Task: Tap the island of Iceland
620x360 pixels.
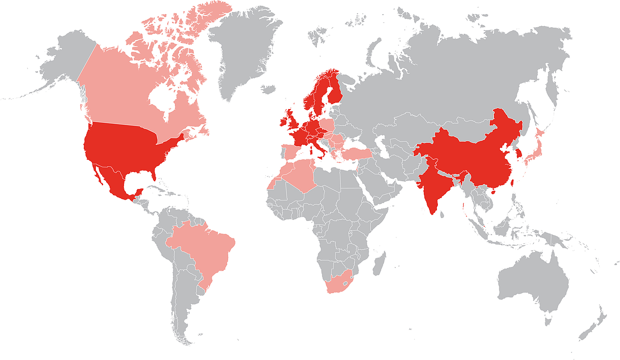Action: point(268,89)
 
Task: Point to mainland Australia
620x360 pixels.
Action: point(533,281)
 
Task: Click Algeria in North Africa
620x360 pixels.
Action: point(303,174)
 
